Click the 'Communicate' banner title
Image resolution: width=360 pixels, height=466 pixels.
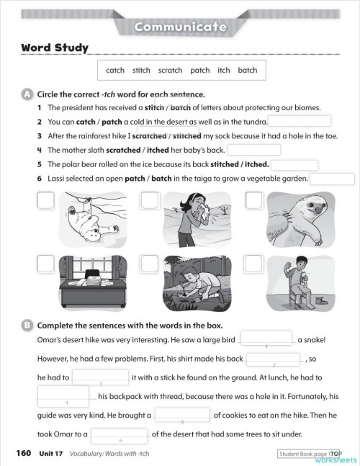pyautogui.click(x=180, y=27)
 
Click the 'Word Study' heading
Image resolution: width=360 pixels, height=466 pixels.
pyautogui.click(x=54, y=48)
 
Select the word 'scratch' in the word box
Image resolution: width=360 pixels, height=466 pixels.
pyautogui.click(x=170, y=71)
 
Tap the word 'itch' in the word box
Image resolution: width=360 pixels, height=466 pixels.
pyautogui.click(x=223, y=71)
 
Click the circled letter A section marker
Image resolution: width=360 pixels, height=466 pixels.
pyautogui.click(x=27, y=94)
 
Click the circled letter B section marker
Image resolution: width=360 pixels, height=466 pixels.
pyautogui.click(x=27, y=325)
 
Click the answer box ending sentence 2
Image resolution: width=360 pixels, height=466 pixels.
pyautogui.click(x=300, y=122)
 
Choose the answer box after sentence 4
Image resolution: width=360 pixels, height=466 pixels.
pyautogui.click(x=253, y=150)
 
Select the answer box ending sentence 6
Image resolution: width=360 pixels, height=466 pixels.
pyautogui.click(x=332, y=178)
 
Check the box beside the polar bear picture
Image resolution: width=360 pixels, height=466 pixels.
pyautogui.click(x=45, y=201)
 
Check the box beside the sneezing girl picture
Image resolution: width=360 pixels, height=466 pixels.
pyautogui.click(x=150, y=201)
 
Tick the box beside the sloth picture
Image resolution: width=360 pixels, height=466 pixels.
pyautogui.click(x=254, y=201)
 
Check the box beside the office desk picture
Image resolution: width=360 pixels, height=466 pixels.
pyautogui.click(x=45, y=264)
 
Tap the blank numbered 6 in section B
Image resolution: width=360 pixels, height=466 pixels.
pyautogui.click(x=120, y=434)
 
